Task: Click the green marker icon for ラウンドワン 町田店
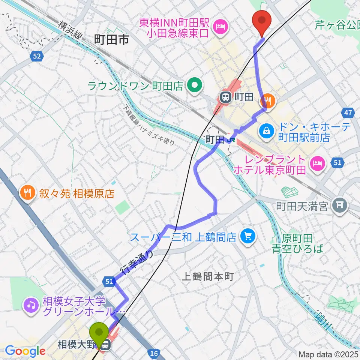[x=194, y=86]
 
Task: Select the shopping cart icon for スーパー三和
[x=247, y=236]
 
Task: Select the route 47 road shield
[x=347, y=112]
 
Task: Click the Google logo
[x=25, y=351]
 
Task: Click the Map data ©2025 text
[x=328, y=354]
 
